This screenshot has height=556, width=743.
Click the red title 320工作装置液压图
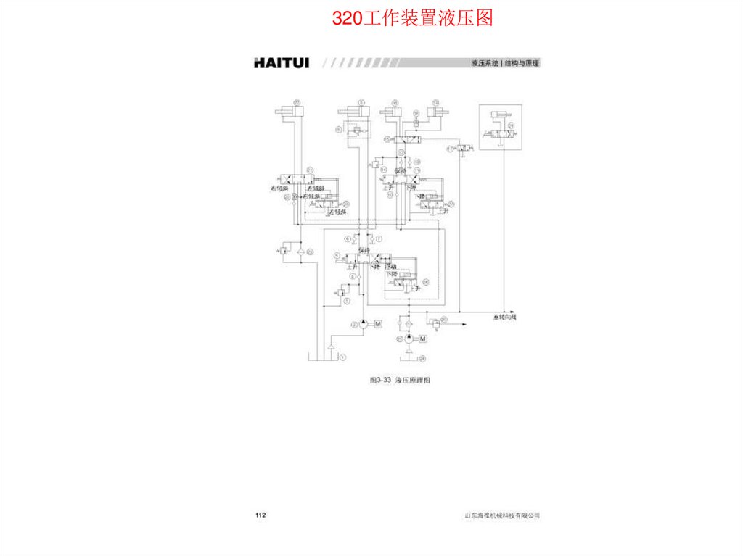click(412, 18)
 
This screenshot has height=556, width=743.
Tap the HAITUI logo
click(281, 63)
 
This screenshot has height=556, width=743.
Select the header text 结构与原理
click(522, 64)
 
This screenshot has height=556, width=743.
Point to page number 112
click(260, 515)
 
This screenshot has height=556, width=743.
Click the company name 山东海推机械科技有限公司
click(502, 515)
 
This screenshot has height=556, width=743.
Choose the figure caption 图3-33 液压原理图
click(400, 380)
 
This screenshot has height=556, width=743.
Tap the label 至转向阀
click(504, 318)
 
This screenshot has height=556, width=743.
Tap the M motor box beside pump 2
click(378, 325)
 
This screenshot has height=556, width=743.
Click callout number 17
click(451, 148)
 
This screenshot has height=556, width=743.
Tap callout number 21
click(309, 167)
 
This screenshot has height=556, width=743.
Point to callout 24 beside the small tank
click(422, 358)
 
